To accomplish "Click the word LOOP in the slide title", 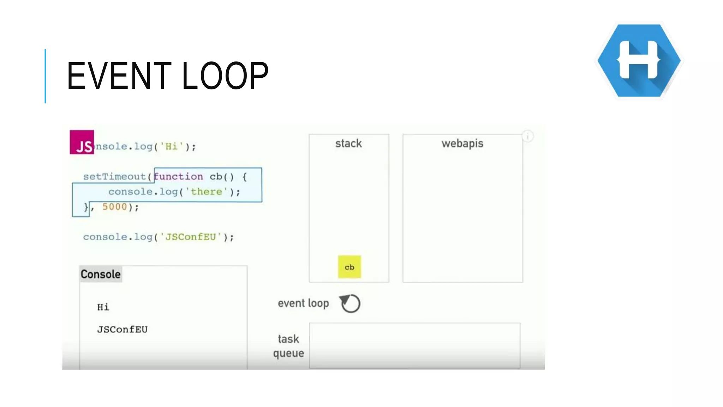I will pyautogui.click(x=225, y=76).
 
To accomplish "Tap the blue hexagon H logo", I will pyautogui.click(x=639, y=60).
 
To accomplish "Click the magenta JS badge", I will pyautogui.click(x=82, y=142).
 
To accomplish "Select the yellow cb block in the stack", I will pyautogui.click(x=349, y=267).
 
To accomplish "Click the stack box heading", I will pyautogui.click(x=348, y=143).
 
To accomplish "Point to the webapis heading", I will pyautogui.click(x=462, y=143).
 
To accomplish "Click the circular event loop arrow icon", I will pyautogui.click(x=350, y=303).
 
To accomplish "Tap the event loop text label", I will pyautogui.click(x=303, y=303).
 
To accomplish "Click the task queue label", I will pyautogui.click(x=288, y=346).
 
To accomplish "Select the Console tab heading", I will pyautogui.click(x=101, y=274).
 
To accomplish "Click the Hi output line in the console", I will pyautogui.click(x=103, y=307).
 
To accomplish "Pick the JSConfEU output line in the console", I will pyautogui.click(x=122, y=329).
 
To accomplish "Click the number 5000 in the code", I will pyautogui.click(x=114, y=207).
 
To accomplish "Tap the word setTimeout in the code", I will pyautogui.click(x=114, y=176).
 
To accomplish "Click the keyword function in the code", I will pyautogui.click(x=179, y=176).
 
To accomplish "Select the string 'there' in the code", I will pyautogui.click(x=207, y=191).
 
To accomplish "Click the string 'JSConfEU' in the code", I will pyautogui.click(x=191, y=237).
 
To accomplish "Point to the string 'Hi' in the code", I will pyautogui.click(x=172, y=146).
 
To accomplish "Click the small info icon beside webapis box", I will pyautogui.click(x=528, y=136).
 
